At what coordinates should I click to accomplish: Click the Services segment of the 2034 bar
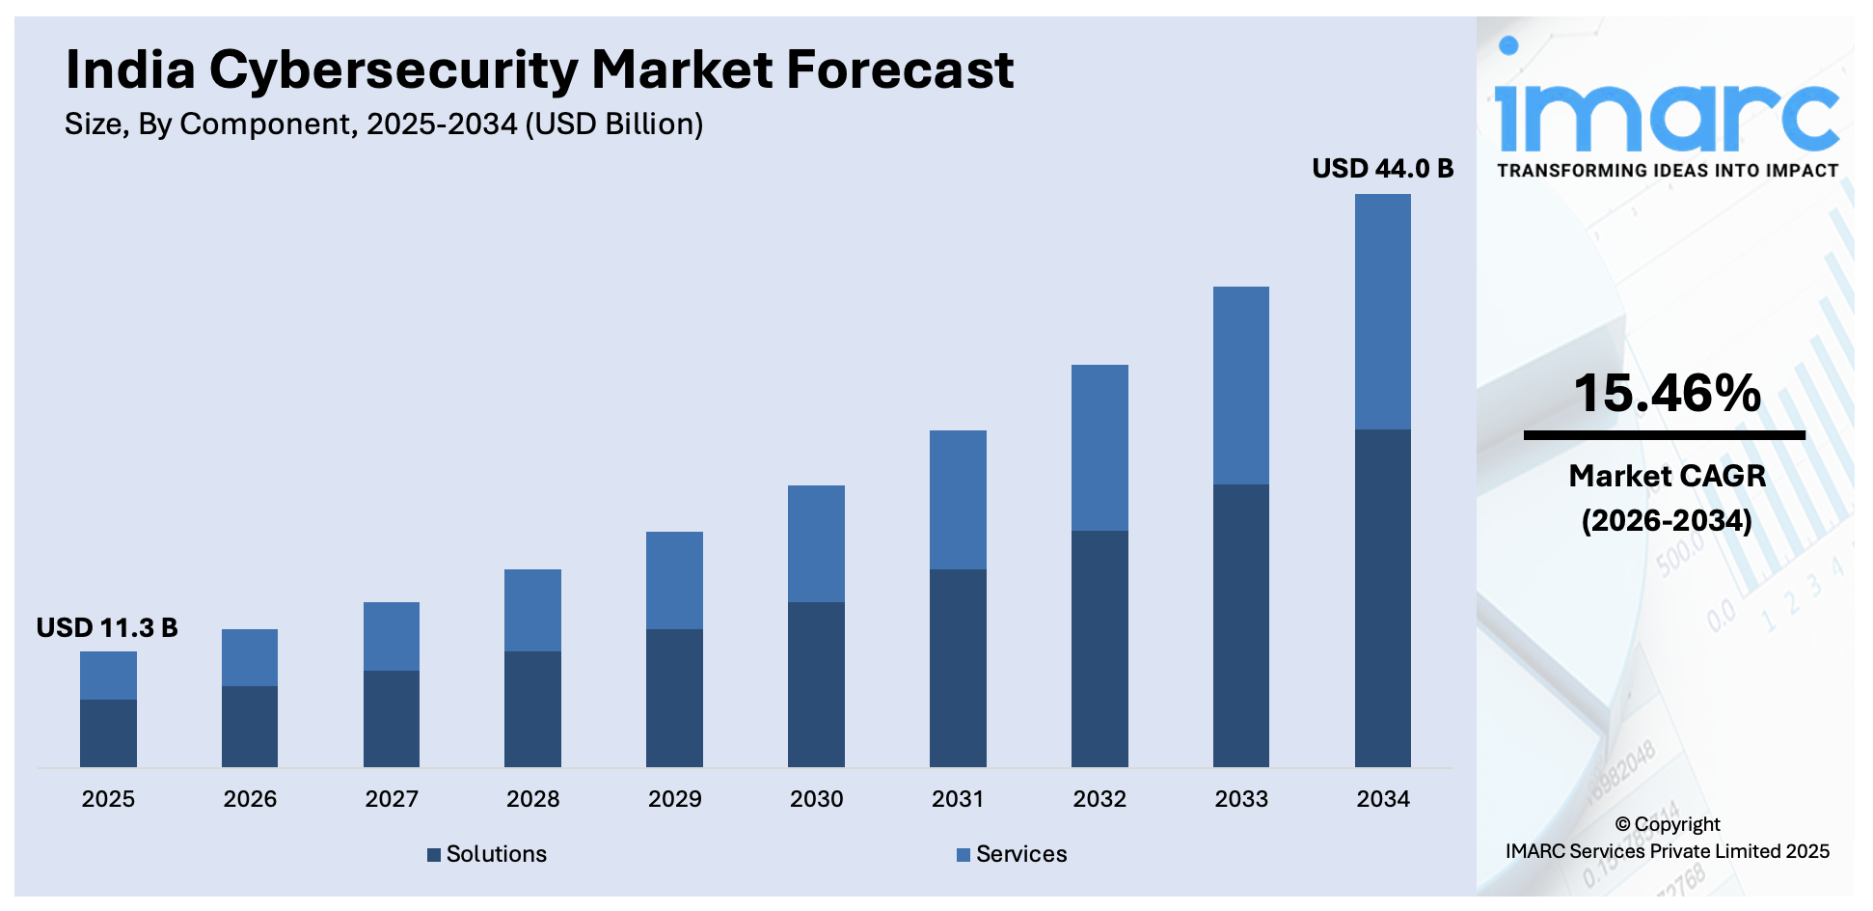[1382, 311]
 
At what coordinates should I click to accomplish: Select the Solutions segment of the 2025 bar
[108, 732]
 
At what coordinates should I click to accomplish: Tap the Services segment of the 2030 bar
[816, 543]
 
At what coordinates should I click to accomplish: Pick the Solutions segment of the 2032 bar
[1099, 649]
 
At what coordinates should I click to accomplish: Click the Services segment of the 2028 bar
[532, 610]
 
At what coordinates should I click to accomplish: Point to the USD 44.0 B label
[1382, 169]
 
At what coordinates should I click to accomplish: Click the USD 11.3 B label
[107, 628]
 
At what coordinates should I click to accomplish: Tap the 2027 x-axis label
[392, 799]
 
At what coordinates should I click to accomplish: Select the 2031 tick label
[958, 799]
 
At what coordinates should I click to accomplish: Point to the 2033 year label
[1241, 799]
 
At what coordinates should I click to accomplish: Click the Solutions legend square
[434, 854]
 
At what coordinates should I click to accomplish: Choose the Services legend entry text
[1021, 854]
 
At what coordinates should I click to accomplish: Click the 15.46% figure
[1667, 394]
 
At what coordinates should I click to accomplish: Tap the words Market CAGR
[1667, 476]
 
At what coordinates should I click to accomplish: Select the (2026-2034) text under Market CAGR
[1667, 521]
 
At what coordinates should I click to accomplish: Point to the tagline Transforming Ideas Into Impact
[1667, 171]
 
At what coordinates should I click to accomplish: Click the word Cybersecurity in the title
[393, 70]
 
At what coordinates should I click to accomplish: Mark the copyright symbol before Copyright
[1622, 825]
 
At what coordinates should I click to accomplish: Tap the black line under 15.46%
[1664, 435]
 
